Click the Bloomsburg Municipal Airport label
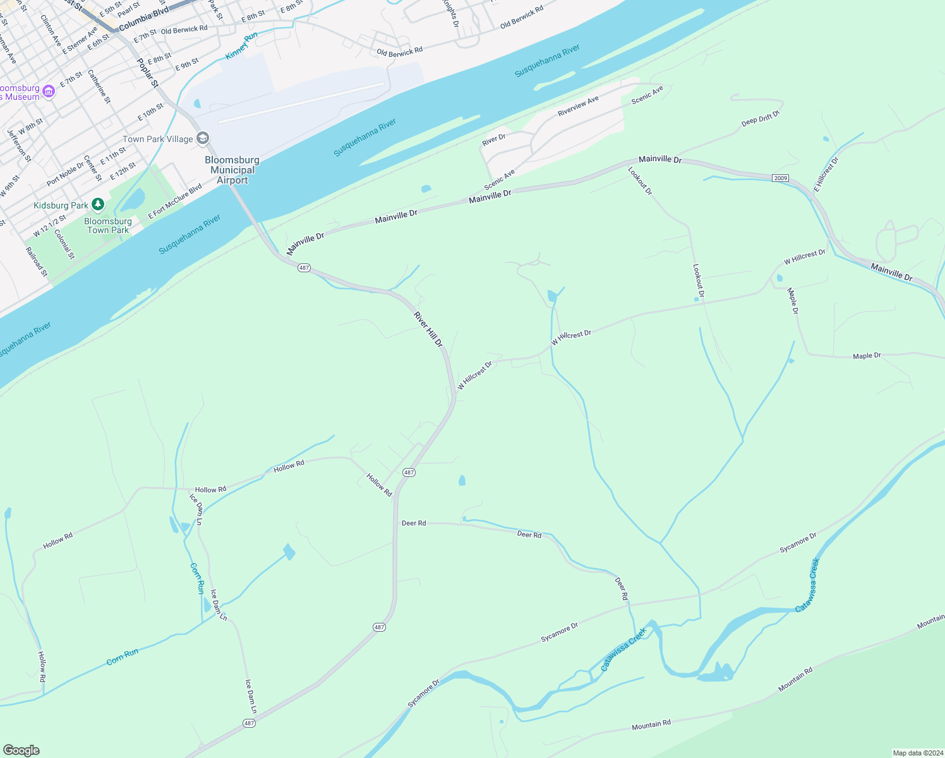click(232, 170)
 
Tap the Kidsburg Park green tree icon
click(97, 204)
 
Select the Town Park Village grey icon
click(203, 138)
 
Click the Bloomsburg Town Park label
click(108, 226)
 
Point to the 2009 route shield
click(780, 178)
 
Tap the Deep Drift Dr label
click(761, 118)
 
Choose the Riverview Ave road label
click(578, 106)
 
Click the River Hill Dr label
click(428, 329)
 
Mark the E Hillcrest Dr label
click(826, 174)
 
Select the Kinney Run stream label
click(241, 46)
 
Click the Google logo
click(21, 750)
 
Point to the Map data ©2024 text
click(916, 753)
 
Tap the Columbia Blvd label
click(143, 19)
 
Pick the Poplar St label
click(148, 73)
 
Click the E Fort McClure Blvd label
click(175, 202)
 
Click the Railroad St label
click(37, 262)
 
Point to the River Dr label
click(494, 140)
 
